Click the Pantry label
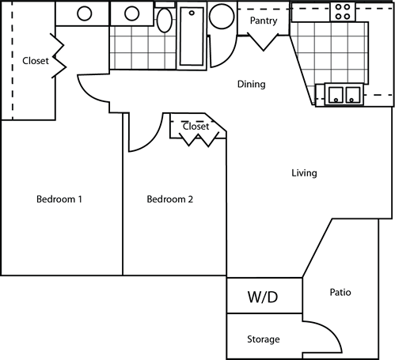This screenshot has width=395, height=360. tap(264, 21)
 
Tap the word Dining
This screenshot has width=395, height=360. tap(251, 85)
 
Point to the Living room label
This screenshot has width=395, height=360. tap(304, 173)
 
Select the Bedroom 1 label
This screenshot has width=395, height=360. tap(59, 199)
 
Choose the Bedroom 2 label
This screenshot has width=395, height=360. tap(169, 199)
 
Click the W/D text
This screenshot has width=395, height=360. tap(263, 297)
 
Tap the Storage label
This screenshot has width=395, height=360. tap(264, 339)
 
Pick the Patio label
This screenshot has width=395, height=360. tap(340, 292)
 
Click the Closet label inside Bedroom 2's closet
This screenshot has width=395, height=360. tap(196, 127)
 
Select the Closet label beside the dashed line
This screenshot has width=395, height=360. tap(36, 61)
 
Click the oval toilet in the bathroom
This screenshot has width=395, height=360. tap(165, 21)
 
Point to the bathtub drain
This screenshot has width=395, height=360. tap(192, 13)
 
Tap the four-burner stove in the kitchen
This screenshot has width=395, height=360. tap(343, 12)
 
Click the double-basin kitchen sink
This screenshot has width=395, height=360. tap(344, 94)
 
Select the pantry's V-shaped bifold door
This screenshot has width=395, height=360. tap(263, 41)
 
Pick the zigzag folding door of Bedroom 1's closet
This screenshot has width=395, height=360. tap(59, 56)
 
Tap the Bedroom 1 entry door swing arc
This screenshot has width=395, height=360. tap(85, 93)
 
